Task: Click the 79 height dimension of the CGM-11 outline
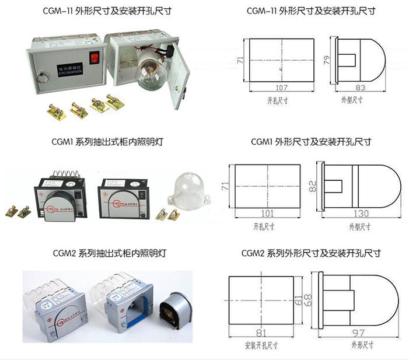tap(327, 60)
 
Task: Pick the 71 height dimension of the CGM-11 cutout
tap(240, 60)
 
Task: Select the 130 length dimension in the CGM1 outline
tap(362, 212)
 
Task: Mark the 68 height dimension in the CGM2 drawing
tap(307, 299)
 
